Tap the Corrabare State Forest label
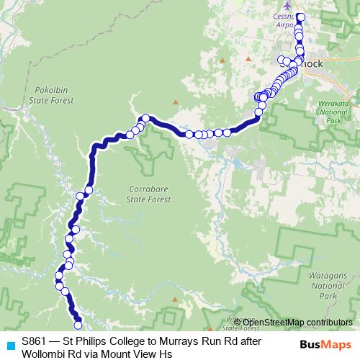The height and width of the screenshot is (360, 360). pos(149,193)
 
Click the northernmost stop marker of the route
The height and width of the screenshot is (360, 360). pos(301,17)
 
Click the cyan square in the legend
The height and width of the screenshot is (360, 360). pos(9,344)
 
